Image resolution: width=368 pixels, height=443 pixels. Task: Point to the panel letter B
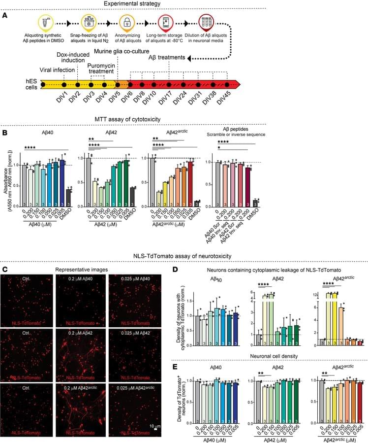[x=4, y=134]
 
